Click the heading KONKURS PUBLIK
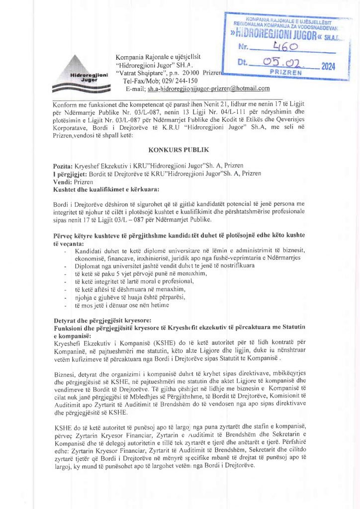(x=180, y=149)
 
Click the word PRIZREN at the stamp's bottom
(x=285, y=73)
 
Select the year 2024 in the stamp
(x=329, y=66)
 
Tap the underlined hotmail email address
(x=208, y=88)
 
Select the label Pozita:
(x=63, y=165)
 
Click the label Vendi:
(x=63, y=182)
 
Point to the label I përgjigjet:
(x=70, y=173)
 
